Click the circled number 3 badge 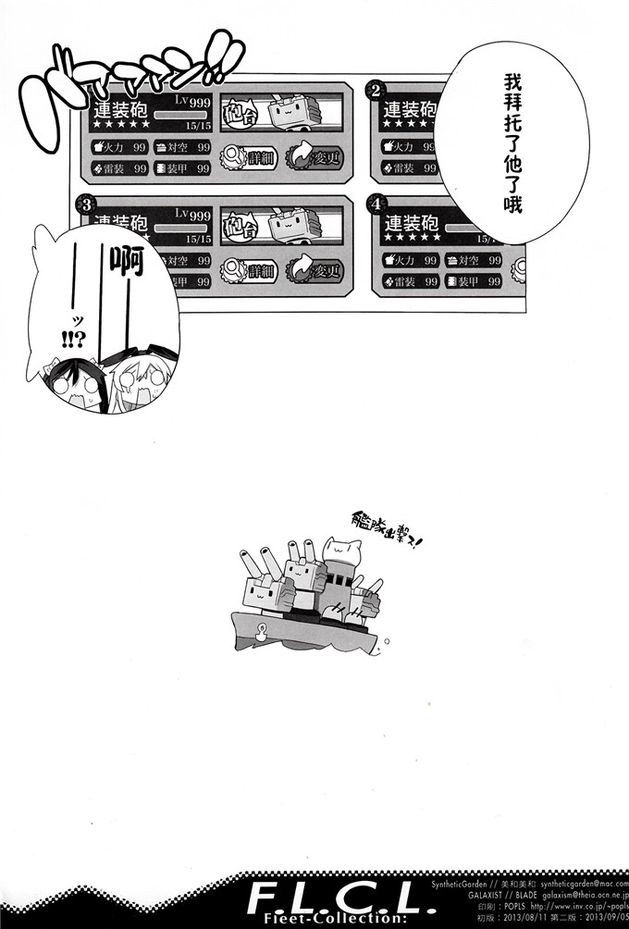click(85, 203)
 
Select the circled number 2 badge click(376, 90)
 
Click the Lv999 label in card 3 click(192, 214)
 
